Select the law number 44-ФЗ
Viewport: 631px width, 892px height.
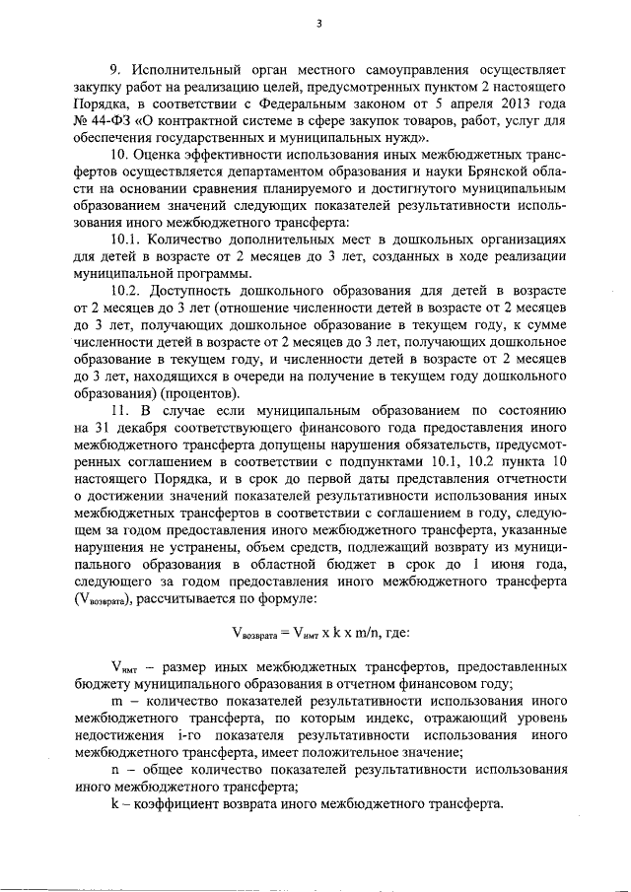point(101,123)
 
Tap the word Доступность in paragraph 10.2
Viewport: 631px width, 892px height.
point(204,310)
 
